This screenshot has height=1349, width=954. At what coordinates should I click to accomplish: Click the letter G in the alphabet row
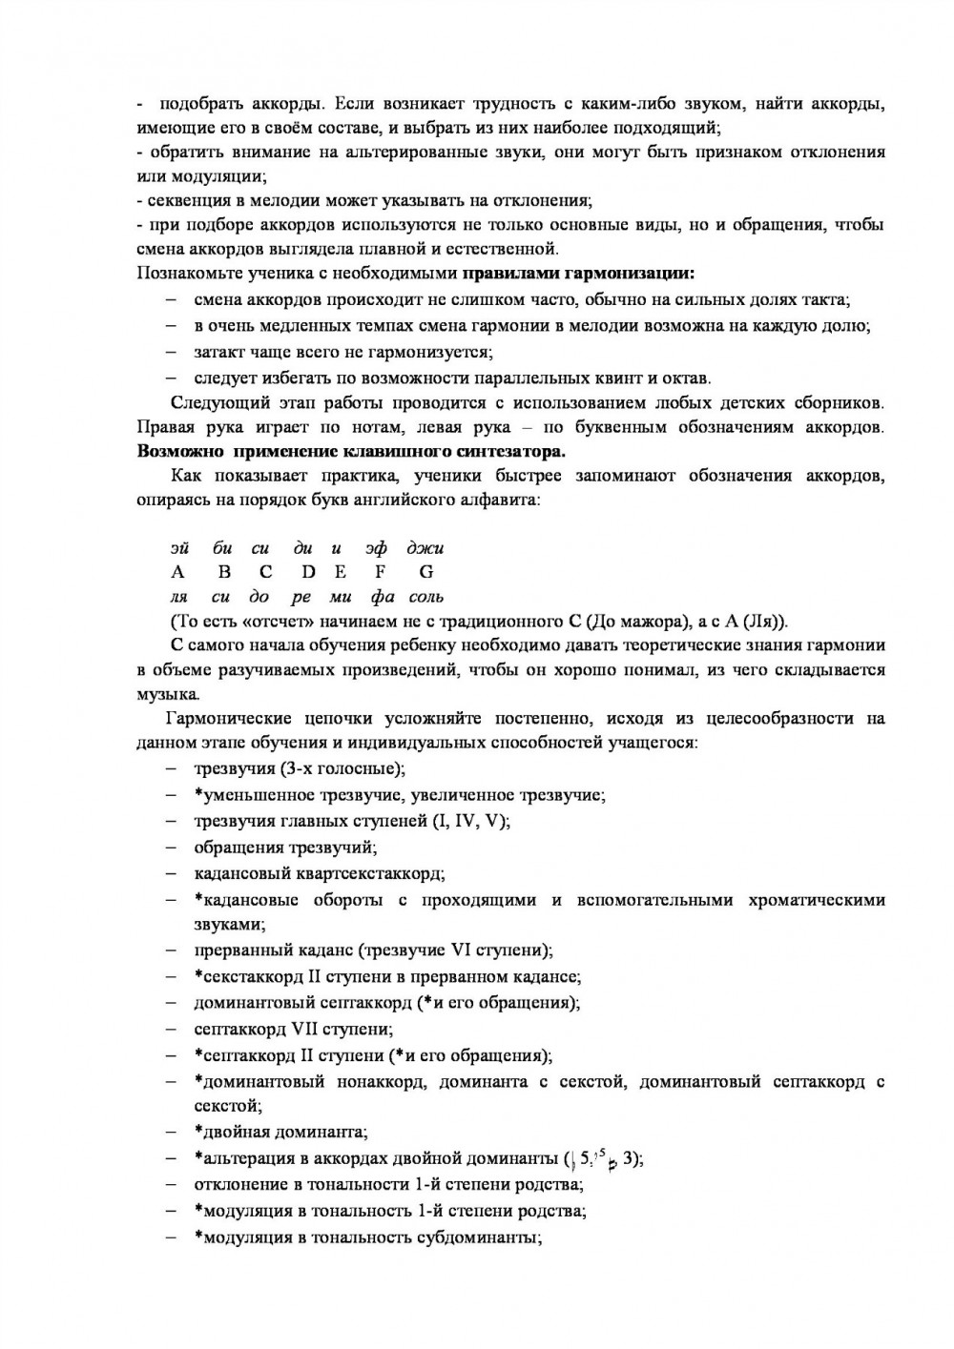[x=425, y=572]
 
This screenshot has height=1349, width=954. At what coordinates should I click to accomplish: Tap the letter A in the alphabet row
[x=177, y=572]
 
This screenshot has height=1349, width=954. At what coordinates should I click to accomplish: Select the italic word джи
[x=425, y=548]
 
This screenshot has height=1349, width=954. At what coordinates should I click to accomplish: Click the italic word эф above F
[x=376, y=548]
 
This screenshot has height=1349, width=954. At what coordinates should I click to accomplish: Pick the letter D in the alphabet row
[x=307, y=572]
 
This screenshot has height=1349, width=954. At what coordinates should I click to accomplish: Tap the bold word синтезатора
[x=505, y=451]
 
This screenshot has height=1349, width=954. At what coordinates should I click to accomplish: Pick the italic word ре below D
[x=302, y=598]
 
